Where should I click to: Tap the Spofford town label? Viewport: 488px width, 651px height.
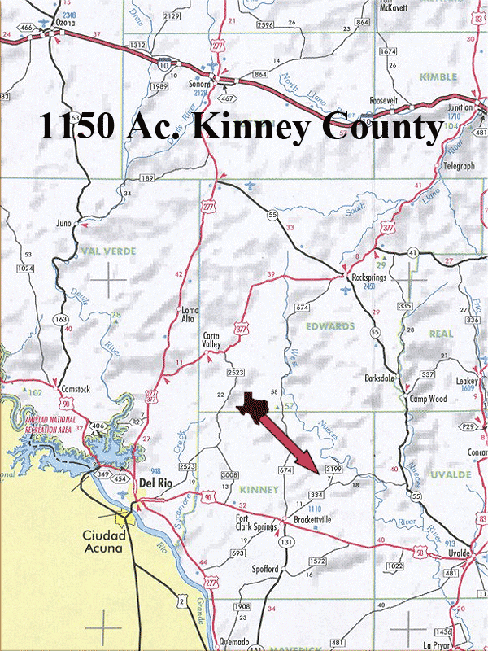[264, 569]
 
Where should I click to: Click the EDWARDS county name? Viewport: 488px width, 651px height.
[331, 326]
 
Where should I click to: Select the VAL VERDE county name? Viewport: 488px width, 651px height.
[108, 251]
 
